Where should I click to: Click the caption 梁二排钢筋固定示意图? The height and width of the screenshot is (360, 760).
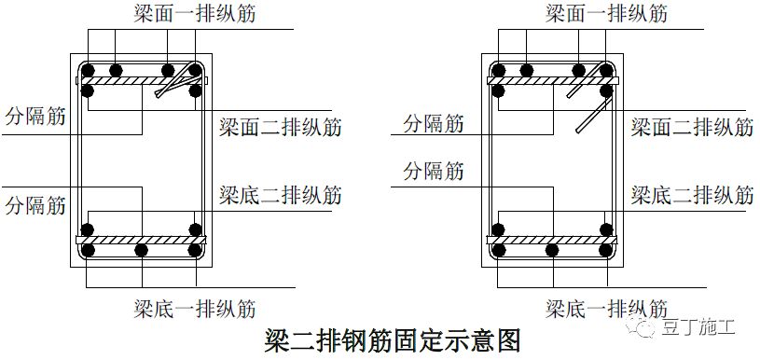392,339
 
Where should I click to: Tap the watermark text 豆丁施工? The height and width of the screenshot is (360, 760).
699,327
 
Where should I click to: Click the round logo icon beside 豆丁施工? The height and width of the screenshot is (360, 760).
645,327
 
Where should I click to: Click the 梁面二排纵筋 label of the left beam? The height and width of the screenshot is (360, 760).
281,127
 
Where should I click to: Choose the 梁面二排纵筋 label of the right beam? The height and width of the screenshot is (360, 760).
692,127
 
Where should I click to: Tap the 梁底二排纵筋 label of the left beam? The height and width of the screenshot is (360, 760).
281,195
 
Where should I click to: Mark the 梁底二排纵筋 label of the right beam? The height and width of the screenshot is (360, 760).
692,195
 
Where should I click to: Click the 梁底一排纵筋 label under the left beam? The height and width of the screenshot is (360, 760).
194,309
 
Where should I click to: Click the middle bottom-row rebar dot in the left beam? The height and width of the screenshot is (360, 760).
141,250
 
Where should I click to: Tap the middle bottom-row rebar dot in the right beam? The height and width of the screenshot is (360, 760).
552,250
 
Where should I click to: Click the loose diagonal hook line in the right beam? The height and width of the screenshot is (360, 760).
589,118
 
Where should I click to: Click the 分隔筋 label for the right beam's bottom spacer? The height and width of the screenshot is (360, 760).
434,171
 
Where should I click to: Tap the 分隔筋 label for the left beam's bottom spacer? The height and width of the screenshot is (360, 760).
35,203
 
